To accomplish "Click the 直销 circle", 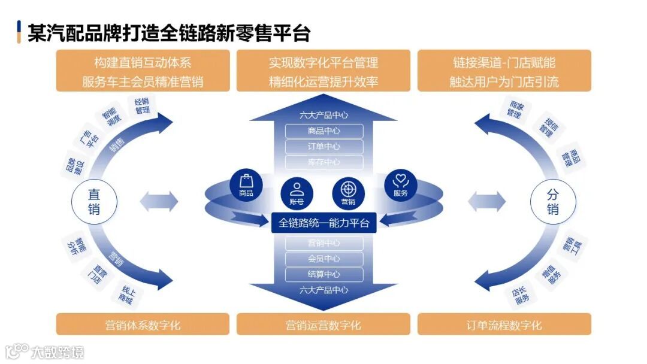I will point(94,202).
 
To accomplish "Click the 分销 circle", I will point(553,202).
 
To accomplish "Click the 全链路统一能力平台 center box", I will point(324,223).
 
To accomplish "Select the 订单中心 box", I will point(324,147).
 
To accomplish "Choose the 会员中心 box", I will point(324,259).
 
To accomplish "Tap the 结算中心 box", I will point(324,274).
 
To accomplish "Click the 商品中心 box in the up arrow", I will point(324,131).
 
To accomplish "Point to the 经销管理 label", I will point(142,106).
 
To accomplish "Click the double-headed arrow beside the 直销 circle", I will point(159,201).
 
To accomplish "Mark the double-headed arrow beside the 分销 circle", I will point(487,201).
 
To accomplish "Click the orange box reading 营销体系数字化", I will point(143,325).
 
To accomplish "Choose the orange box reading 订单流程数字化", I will point(504,325).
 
